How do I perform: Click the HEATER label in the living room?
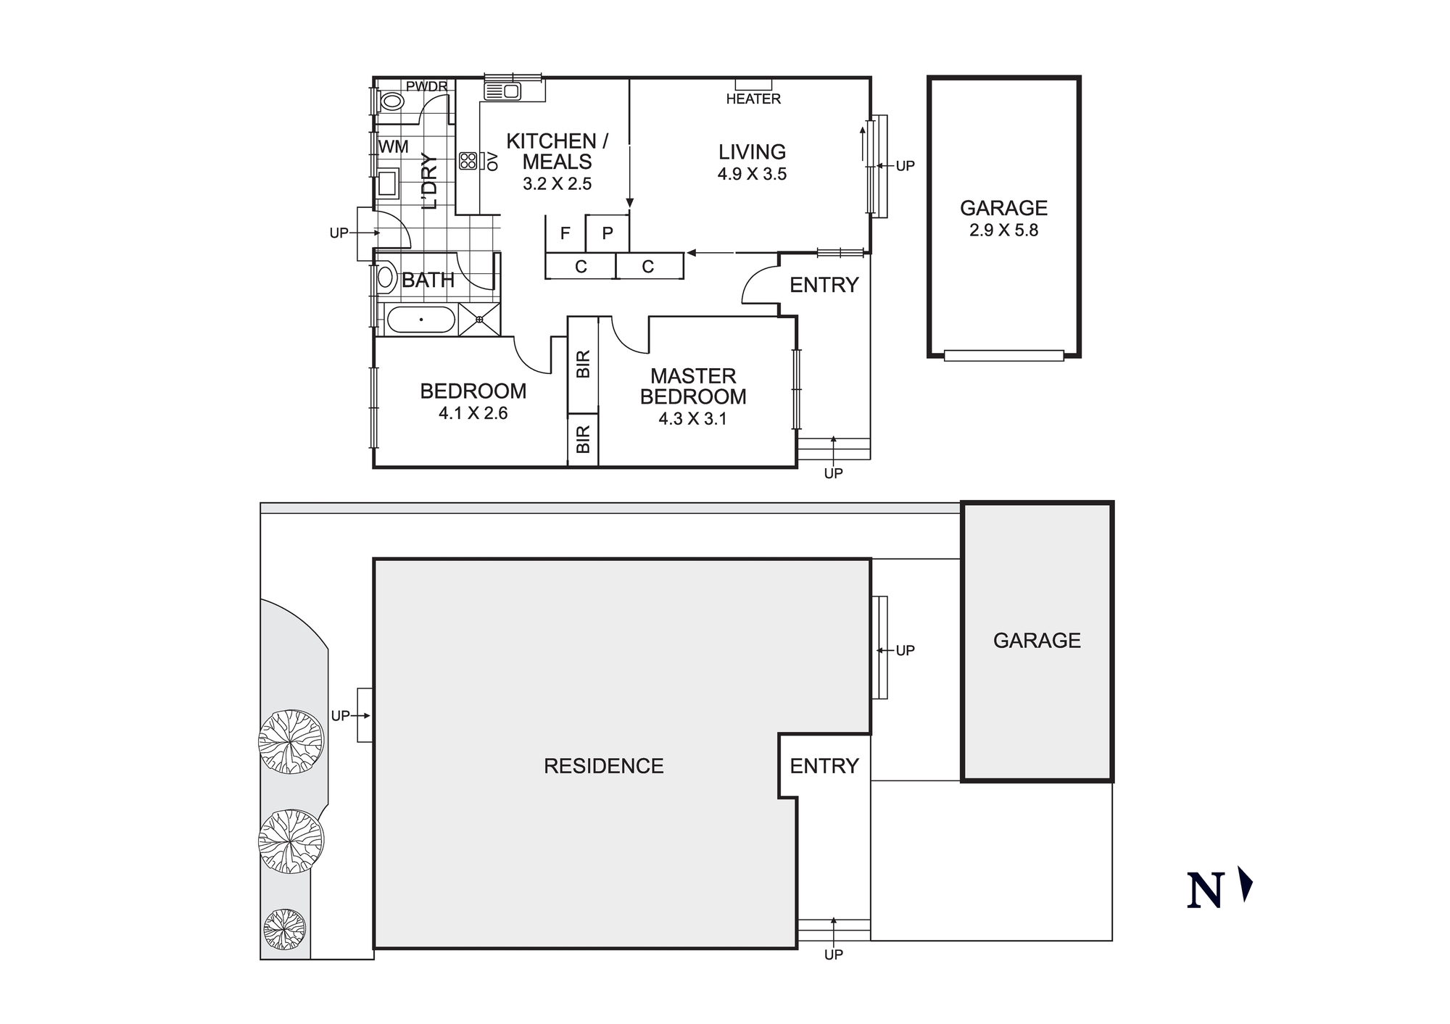753,99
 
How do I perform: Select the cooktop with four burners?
468,160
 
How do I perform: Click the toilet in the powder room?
391,101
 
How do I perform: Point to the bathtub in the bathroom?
420,320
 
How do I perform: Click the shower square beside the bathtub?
479,320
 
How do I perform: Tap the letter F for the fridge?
565,233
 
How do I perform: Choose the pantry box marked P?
608,233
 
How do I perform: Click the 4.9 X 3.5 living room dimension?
752,174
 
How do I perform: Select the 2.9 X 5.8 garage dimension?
1003,230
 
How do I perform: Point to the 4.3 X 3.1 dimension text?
692,419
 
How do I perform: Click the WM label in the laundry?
394,147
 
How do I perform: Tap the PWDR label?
426,87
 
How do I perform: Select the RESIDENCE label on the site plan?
603,766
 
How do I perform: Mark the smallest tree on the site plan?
284,929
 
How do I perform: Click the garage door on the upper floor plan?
1003,356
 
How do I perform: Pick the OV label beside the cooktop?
493,161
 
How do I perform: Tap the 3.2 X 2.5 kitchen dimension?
557,184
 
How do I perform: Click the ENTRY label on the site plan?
824,766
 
